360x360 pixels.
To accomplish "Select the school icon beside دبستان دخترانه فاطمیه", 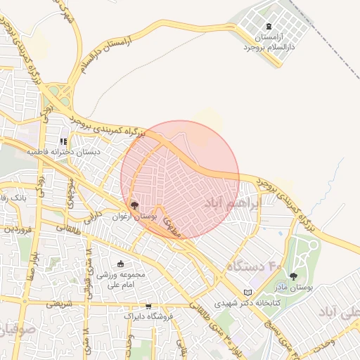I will [72, 141].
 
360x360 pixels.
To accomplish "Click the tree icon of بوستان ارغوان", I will [134, 205].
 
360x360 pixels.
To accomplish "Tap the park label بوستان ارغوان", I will [134, 217].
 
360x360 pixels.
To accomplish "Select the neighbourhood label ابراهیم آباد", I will [231, 202].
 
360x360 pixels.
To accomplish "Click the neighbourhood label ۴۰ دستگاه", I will [253, 266].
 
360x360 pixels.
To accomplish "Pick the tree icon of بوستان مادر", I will [293, 276].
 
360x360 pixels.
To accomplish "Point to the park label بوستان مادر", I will [294, 288].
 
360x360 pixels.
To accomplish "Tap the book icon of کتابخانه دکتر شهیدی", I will [246, 292].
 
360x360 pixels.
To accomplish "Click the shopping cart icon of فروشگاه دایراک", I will [148, 306].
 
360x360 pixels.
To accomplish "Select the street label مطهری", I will [172, 226].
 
